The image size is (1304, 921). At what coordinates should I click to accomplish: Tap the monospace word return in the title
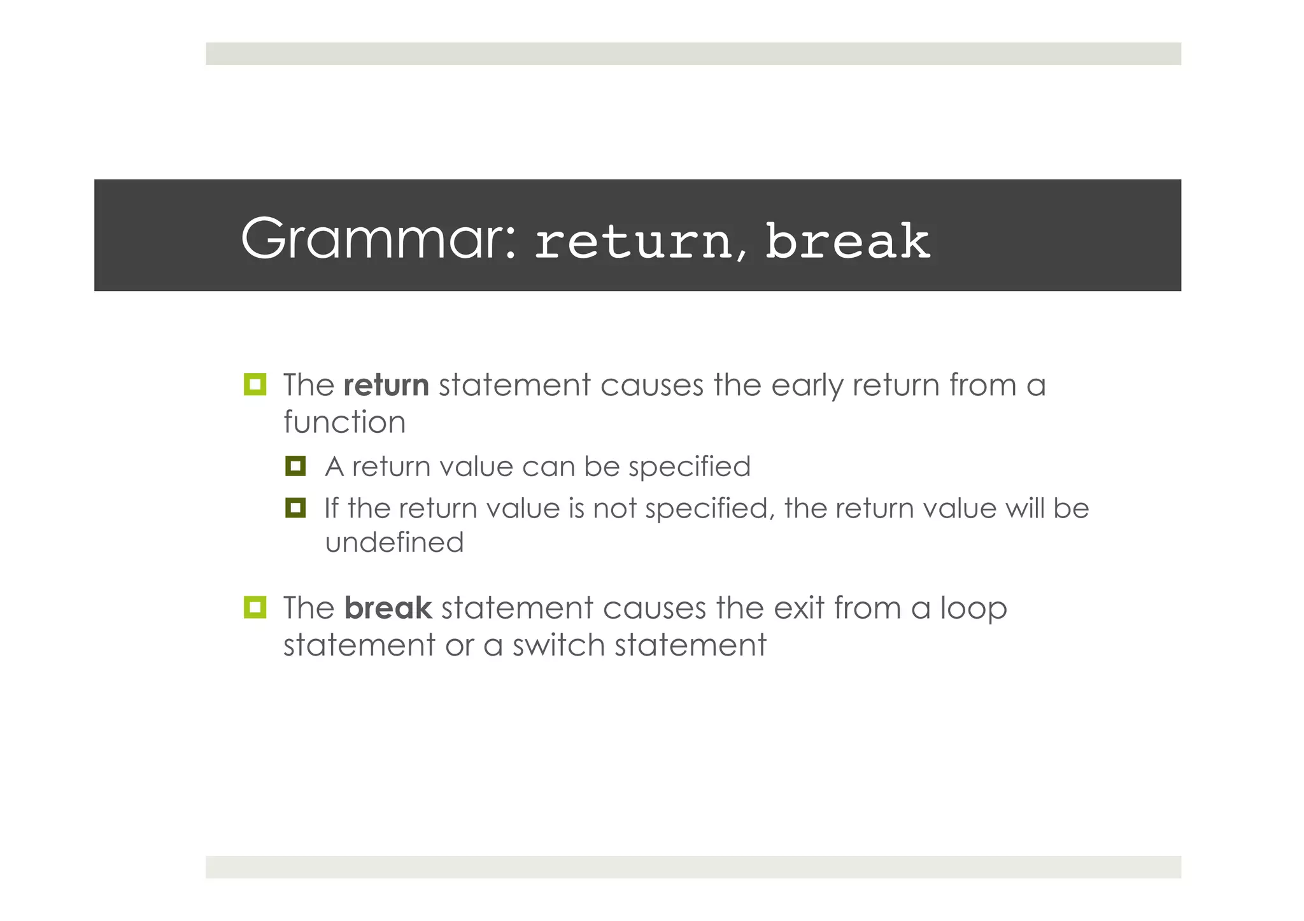(x=633, y=242)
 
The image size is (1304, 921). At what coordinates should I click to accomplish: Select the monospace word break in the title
(x=847, y=242)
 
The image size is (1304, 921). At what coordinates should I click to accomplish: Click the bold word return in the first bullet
(x=386, y=386)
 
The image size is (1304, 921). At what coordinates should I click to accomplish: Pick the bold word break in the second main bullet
(x=388, y=608)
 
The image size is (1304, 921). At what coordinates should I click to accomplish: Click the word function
(x=344, y=423)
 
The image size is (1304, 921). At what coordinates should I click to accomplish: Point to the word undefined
(x=394, y=543)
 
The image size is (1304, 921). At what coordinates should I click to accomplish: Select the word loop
(x=974, y=608)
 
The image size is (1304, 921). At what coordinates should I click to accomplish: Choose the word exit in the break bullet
(x=798, y=608)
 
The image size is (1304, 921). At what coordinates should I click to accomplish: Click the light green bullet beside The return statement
(x=255, y=384)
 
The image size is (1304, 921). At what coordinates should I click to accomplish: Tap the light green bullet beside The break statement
(x=255, y=607)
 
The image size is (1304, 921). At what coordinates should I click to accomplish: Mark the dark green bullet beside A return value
(x=295, y=466)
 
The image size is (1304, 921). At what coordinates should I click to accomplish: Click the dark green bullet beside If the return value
(x=295, y=508)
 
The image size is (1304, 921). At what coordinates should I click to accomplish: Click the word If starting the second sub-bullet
(x=331, y=509)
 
